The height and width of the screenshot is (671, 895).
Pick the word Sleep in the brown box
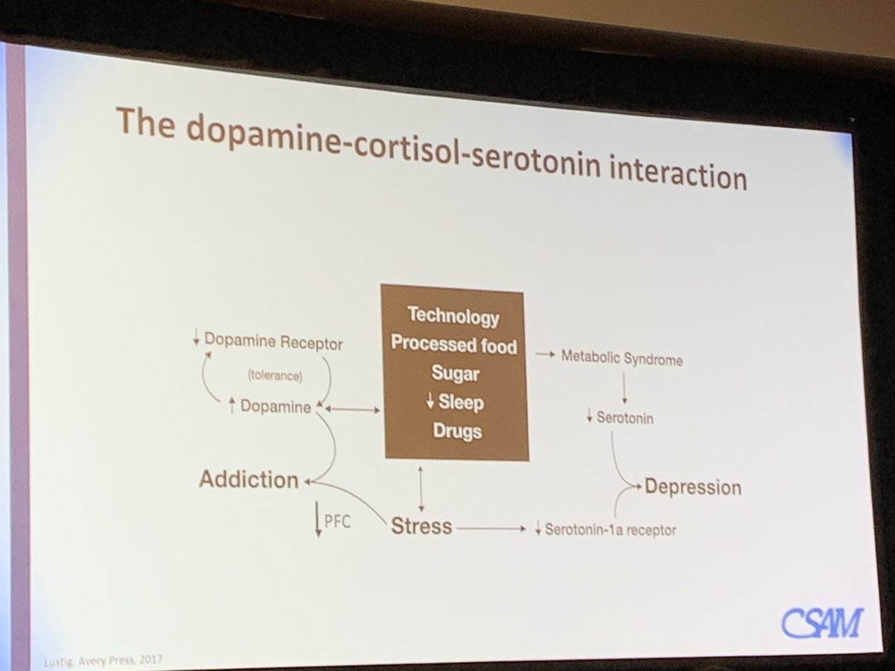click(x=461, y=403)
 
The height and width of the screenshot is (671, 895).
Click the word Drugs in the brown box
click(x=457, y=431)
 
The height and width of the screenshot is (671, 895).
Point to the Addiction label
click(x=248, y=479)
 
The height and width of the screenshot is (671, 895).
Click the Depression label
click(x=693, y=487)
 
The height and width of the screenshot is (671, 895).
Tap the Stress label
click(x=421, y=526)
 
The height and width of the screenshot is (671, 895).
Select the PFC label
click(x=337, y=521)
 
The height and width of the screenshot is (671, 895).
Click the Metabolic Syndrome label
click(x=622, y=359)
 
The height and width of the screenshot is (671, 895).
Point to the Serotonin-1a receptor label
click(x=610, y=530)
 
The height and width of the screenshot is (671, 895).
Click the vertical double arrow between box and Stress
click(x=421, y=488)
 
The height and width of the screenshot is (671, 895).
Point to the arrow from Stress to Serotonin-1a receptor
click(x=492, y=529)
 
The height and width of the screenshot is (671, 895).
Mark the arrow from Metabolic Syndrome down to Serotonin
click(x=624, y=388)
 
